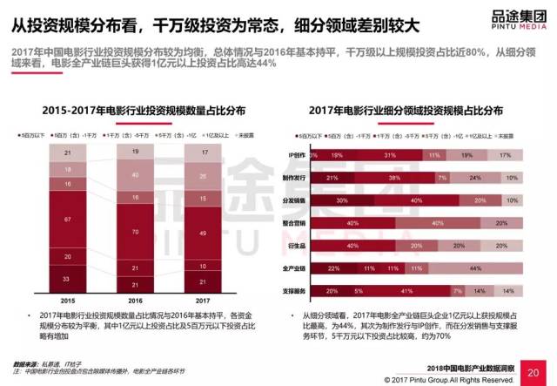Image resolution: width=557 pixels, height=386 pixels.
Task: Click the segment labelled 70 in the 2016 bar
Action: [x=134, y=233]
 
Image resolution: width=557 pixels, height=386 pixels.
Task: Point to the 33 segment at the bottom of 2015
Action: [x=67, y=279]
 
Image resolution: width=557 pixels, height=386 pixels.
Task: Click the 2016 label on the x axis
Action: [x=134, y=299]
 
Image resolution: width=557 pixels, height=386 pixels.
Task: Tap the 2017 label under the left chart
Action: [x=202, y=299]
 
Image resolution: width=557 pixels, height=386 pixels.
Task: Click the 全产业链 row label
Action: [x=297, y=268]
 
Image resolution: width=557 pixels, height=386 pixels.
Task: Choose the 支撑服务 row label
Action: [x=296, y=291]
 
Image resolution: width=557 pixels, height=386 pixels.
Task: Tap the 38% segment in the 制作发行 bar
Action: [x=394, y=177]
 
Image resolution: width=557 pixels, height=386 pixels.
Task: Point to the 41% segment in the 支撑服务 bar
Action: [x=407, y=291]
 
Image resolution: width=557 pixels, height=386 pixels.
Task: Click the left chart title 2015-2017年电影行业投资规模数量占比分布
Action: [x=135, y=111]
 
